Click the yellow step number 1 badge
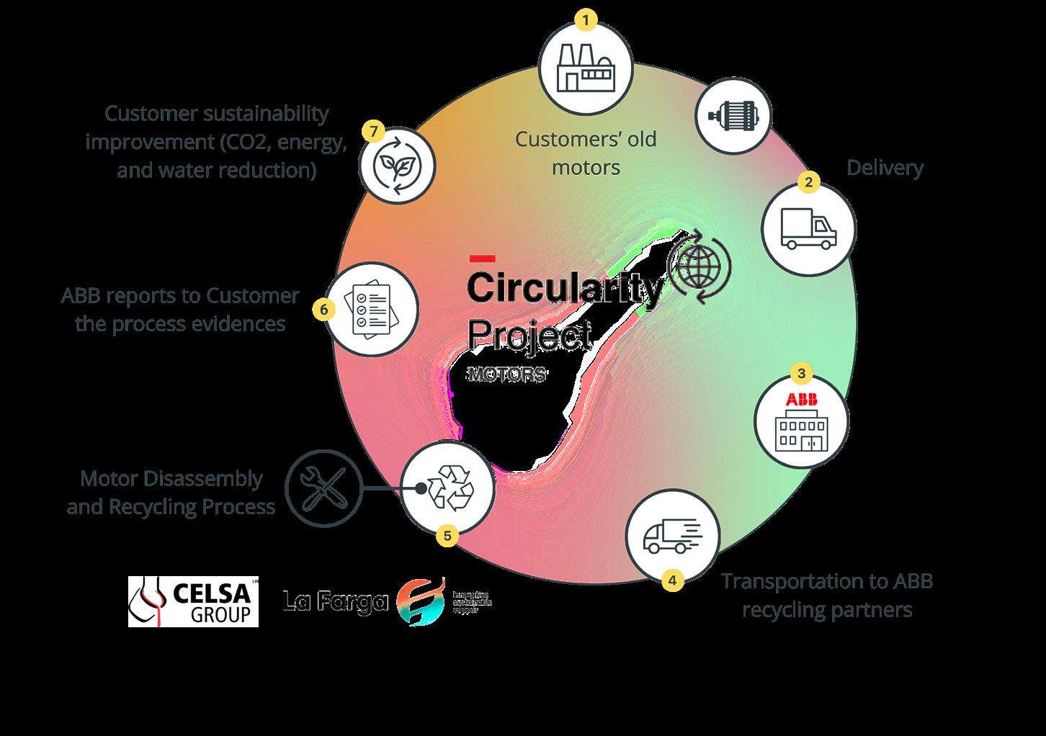point(586,20)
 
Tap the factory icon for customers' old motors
point(586,68)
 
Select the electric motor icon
point(733,117)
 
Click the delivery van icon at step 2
point(808,229)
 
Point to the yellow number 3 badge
point(802,374)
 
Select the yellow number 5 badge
point(447,536)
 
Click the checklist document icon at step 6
point(372,310)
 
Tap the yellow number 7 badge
point(372,132)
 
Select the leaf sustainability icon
point(397,165)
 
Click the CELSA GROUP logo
point(193,601)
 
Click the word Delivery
point(884,168)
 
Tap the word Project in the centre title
point(530,336)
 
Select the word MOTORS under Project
point(506,375)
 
